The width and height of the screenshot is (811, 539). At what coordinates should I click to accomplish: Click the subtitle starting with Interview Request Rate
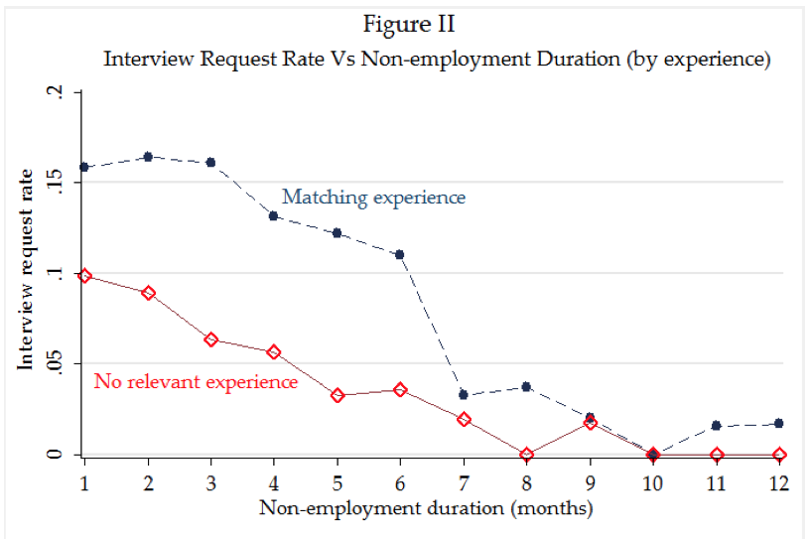[437, 59]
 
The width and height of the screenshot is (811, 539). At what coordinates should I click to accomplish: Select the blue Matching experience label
[373, 198]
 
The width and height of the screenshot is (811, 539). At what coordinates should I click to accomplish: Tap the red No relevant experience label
[196, 381]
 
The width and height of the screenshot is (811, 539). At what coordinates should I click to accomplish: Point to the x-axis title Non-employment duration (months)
[427, 509]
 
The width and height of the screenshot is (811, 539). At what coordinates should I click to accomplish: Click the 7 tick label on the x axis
[464, 482]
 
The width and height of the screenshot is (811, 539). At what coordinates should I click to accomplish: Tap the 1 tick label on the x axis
[85, 482]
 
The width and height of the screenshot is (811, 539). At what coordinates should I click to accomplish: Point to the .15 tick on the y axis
[58, 182]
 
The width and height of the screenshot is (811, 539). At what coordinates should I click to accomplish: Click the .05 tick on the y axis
[58, 364]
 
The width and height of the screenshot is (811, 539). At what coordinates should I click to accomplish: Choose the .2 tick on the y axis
[58, 92]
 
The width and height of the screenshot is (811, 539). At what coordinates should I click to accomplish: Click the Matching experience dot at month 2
[148, 157]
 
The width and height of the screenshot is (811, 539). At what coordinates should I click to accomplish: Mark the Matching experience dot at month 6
[400, 254]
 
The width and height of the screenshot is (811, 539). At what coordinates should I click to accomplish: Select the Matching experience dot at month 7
[464, 394]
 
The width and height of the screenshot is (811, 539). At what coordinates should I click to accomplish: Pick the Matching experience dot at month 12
[778, 424]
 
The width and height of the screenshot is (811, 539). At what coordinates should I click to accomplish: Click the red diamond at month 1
[85, 276]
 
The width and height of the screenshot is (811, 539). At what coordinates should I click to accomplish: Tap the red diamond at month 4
[274, 352]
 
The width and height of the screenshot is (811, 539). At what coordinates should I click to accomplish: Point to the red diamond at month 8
[526, 455]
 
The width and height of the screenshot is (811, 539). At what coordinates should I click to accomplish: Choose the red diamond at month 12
[778, 455]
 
